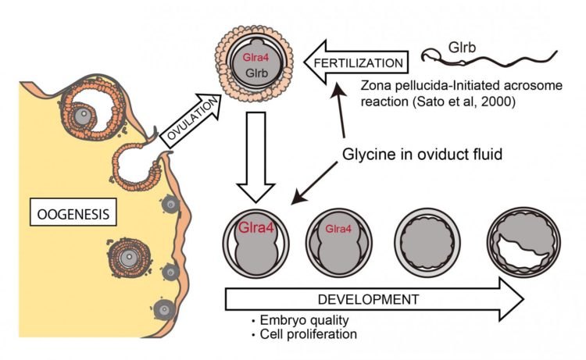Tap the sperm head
coord(428,53)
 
